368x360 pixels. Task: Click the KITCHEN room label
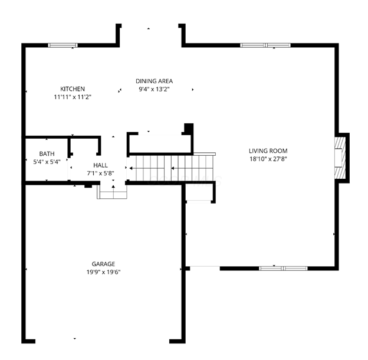coord(73,89)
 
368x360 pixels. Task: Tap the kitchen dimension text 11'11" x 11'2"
coord(73,96)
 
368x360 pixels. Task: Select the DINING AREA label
coord(154,81)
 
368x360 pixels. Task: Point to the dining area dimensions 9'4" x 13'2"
coord(154,89)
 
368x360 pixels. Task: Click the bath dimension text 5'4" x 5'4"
coord(47,162)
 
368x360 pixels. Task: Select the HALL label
coord(100,166)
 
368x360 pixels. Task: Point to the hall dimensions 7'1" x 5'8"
coord(100,173)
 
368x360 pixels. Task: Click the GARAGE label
coord(103,264)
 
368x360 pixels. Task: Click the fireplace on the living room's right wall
coord(340,158)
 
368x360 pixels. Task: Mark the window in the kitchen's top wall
coord(63,45)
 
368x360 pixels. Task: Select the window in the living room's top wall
coord(265,45)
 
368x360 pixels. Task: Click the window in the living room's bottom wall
coord(284,268)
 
